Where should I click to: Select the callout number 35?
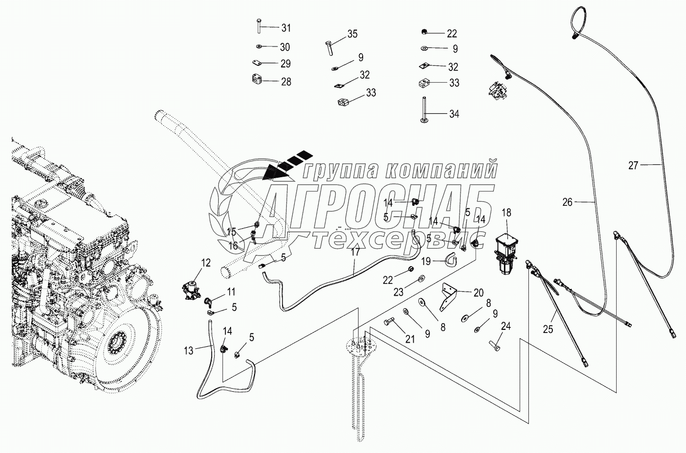352,34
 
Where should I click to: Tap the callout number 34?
453,114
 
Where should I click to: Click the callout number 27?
633,165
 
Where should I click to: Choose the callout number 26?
568,203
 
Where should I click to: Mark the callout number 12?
206,264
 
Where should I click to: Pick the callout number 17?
355,251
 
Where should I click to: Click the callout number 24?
506,326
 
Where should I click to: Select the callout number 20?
478,293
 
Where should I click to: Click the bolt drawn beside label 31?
259,25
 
